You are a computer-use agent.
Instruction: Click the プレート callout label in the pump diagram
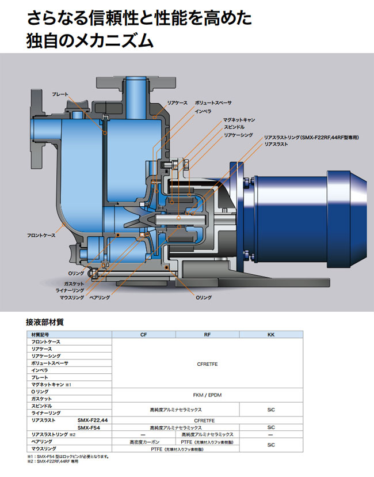tap(60, 94)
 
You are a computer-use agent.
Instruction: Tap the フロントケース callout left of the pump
tap(41, 236)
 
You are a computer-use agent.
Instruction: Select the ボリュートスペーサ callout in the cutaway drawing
tap(213, 102)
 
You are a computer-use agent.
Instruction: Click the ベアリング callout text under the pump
tap(100, 297)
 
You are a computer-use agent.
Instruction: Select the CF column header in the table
tap(143, 334)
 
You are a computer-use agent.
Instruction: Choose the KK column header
tap(270, 334)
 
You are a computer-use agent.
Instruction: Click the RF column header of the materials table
tap(207, 334)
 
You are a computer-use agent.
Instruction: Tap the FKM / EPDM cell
tap(207, 395)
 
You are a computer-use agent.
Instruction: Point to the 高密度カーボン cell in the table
tap(143, 441)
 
